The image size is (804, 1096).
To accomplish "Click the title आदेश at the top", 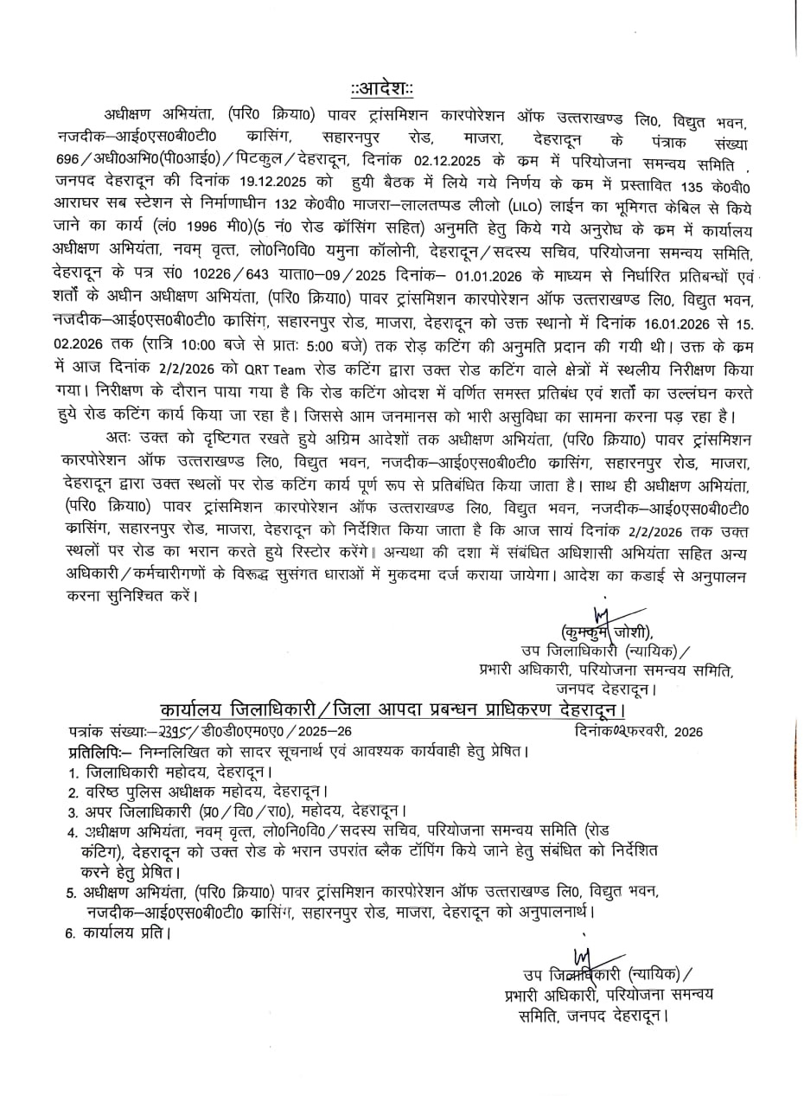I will [x=382, y=89].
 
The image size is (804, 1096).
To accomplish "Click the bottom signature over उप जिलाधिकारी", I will [x=584, y=958].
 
